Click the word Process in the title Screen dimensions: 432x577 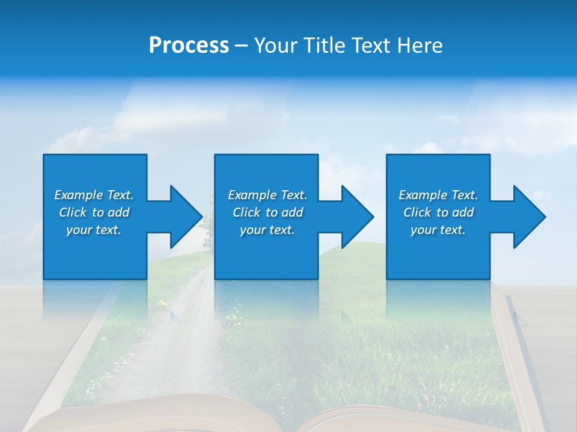[x=189, y=46]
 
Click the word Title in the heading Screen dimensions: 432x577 [x=323, y=46]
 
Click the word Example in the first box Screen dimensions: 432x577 [x=79, y=195]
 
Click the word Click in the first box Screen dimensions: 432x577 [x=73, y=212]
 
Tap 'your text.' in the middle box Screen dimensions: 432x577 [x=267, y=230]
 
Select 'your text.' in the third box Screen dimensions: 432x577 [x=438, y=230]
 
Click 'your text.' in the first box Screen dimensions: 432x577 [x=94, y=230]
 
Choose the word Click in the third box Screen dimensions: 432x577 [x=417, y=212]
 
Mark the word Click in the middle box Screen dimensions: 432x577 [x=246, y=212]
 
